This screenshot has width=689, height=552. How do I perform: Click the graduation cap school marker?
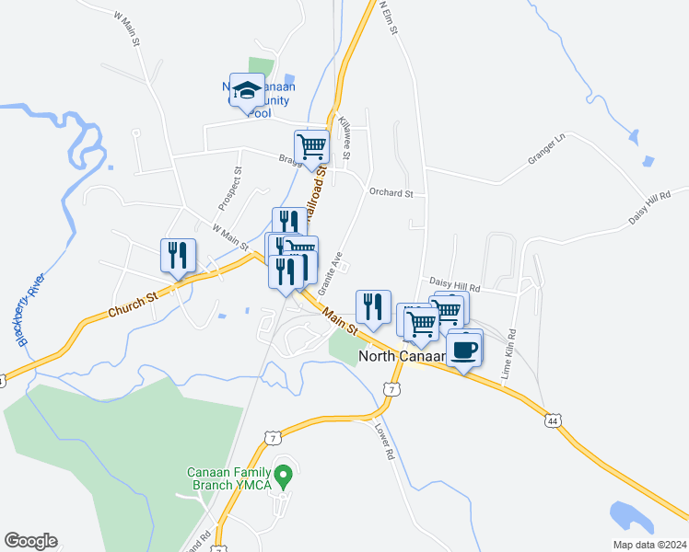(x=247, y=90)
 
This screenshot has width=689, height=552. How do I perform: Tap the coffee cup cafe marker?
(x=465, y=350)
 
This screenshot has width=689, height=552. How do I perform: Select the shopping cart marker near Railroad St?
(x=311, y=145)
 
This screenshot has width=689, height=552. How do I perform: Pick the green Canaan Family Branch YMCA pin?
(x=285, y=477)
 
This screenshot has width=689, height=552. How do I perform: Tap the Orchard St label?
(x=391, y=194)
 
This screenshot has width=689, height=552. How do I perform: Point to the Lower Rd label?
(x=384, y=441)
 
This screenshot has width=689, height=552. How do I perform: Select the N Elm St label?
(x=388, y=17)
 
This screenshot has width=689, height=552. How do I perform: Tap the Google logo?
(x=30, y=541)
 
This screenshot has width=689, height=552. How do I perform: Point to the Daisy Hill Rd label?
(x=456, y=287)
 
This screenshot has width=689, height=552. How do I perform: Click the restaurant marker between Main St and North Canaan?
(x=373, y=306)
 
